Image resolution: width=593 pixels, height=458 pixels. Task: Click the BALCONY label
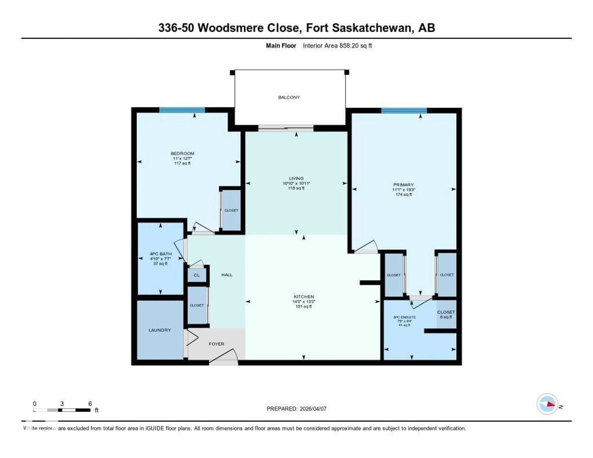pos(289,97)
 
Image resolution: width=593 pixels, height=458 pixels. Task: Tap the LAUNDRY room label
pos(160,330)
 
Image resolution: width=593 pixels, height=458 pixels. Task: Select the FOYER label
pos(216,344)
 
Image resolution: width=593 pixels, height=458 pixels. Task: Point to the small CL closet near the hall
pos(197,275)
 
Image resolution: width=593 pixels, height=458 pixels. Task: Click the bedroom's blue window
pos(182,110)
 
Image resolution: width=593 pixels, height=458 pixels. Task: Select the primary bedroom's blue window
pos(404,110)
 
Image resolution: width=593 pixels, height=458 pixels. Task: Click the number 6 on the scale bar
pos(90,404)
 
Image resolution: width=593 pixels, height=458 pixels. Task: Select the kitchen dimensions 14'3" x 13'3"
pos(304,302)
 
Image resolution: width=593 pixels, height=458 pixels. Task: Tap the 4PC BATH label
pos(160,254)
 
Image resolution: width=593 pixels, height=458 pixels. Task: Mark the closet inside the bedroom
pos(231,210)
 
